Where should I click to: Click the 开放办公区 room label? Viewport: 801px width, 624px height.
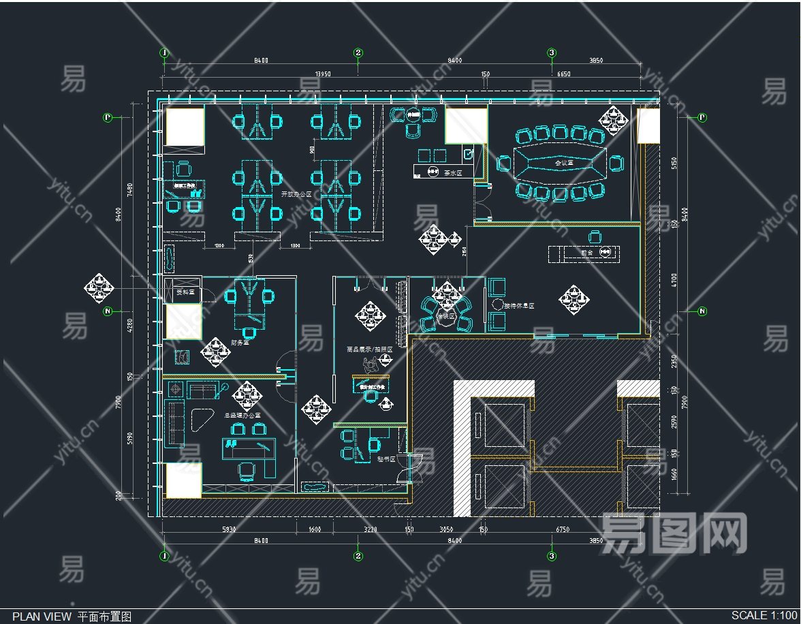(x=296, y=194)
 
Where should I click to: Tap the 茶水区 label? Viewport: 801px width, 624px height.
(x=453, y=173)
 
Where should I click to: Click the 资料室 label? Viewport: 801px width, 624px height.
(x=185, y=292)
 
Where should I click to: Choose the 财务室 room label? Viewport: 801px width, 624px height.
(x=239, y=343)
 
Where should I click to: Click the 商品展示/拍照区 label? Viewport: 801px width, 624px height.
(x=370, y=349)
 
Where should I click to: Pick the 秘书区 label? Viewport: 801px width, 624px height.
(x=386, y=459)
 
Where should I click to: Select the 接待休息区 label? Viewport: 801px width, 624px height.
(x=519, y=307)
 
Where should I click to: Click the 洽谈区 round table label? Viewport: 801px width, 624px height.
(x=446, y=315)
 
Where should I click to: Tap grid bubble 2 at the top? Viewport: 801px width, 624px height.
(x=358, y=52)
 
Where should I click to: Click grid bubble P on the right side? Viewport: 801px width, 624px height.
(x=702, y=117)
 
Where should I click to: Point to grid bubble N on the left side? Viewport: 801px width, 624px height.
(x=108, y=311)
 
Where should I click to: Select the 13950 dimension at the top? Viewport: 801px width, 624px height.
(x=323, y=74)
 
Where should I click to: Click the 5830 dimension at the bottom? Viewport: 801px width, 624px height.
(x=229, y=529)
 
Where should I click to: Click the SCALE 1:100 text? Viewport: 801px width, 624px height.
(x=764, y=615)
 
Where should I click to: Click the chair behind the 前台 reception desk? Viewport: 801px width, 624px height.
(x=595, y=236)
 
